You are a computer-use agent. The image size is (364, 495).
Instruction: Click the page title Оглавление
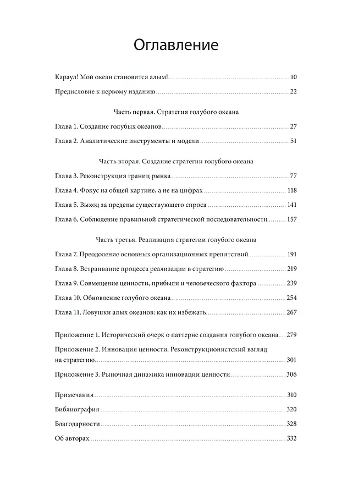[176, 45]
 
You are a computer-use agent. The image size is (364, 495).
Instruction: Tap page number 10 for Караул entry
[294, 76]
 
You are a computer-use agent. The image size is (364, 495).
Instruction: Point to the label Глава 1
[67, 127]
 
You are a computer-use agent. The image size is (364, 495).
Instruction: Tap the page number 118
[291, 190]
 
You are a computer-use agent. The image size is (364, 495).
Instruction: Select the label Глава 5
[67, 205]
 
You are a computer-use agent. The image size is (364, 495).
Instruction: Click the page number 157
[291, 219]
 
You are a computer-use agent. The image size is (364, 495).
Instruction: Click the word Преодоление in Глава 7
[102, 255]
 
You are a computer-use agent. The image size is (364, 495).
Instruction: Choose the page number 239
[291, 283]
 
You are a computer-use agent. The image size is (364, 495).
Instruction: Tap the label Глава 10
[69, 298]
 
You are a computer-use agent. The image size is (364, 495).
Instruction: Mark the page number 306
[291, 374]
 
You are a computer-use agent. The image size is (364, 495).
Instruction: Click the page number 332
[291, 438]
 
